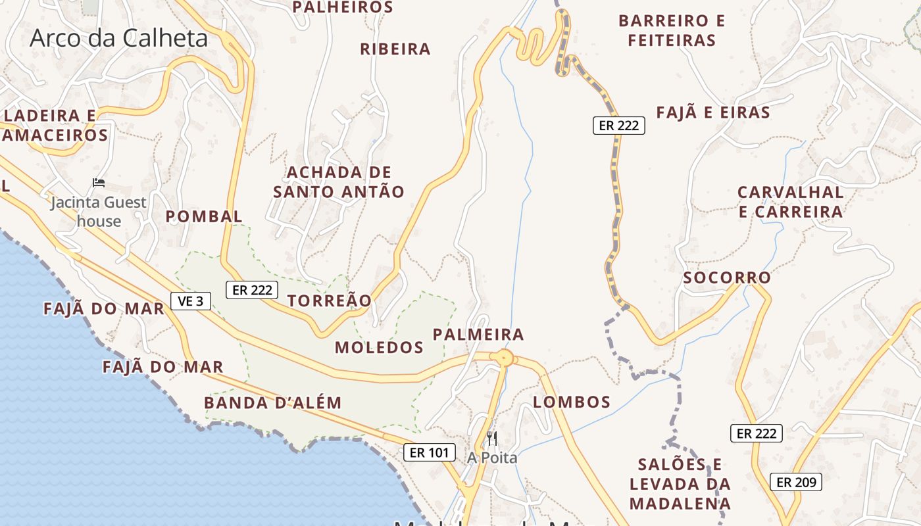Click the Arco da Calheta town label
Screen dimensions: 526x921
[x=118, y=38]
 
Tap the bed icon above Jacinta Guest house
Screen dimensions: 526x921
[x=99, y=182]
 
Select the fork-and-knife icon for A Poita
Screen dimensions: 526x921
[x=492, y=438]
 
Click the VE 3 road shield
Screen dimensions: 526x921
[x=191, y=301]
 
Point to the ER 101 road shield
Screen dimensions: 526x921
[x=430, y=452]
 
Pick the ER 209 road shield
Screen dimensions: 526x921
[x=796, y=482]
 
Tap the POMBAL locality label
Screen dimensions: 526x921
[x=204, y=216]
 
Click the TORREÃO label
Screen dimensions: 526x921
[x=330, y=300]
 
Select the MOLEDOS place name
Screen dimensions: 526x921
[x=379, y=347]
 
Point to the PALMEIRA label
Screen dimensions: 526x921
[x=478, y=335]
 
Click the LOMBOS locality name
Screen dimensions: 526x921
[x=572, y=402]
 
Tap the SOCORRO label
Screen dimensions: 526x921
[x=727, y=277]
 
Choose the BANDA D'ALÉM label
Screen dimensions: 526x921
[x=273, y=403]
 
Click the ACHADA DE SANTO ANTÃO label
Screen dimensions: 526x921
[x=339, y=182]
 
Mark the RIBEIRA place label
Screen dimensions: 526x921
[x=395, y=49]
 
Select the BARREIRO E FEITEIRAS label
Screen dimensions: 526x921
[x=672, y=30]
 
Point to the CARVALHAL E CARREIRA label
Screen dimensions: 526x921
[x=790, y=202]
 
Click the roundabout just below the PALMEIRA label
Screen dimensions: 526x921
[x=504, y=358]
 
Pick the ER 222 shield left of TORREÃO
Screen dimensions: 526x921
[x=253, y=289]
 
